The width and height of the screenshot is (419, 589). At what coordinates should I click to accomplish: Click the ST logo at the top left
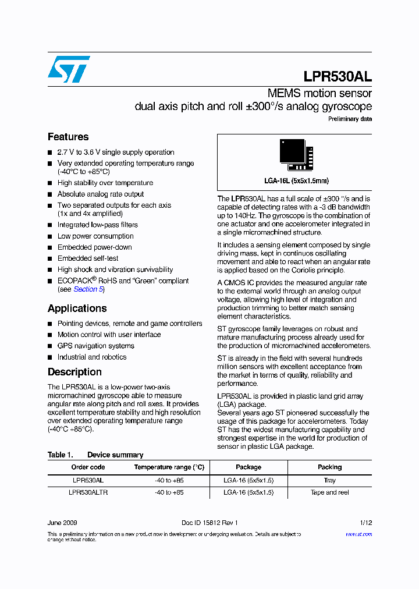(x=69, y=69)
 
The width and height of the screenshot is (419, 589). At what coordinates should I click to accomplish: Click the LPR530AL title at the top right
(x=338, y=77)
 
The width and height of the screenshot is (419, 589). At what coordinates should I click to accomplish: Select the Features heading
(x=68, y=137)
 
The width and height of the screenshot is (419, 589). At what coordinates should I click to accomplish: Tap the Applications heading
(x=77, y=308)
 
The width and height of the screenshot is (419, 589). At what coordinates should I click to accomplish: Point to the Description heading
(x=74, y=372)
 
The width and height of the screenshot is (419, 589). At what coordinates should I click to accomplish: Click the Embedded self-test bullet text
(x=87, y=258)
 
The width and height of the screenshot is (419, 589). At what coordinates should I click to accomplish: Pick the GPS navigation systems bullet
(x=95, y=346)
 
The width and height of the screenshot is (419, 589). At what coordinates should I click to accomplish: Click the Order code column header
(x=88, y=467)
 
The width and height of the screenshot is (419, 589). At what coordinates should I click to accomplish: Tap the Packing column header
(x=329, y=467)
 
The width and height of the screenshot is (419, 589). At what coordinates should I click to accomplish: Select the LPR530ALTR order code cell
(x=88, y=492)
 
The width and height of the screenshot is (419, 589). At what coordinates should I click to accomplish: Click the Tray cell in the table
(x=329, y=480)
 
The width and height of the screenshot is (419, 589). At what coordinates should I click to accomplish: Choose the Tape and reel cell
(x=329, y=492)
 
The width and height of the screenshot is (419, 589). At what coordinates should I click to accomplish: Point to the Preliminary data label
(x=350, y=119)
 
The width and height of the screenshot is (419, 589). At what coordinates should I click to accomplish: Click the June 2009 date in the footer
(x=62, y=523)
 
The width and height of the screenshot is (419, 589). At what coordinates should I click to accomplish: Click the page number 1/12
(x=365, y=523)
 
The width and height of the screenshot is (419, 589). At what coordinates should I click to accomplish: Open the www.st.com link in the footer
(x=358, y=534)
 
